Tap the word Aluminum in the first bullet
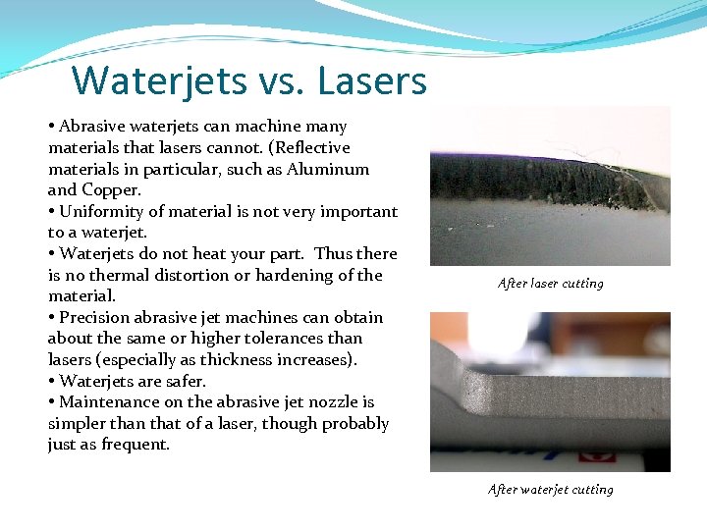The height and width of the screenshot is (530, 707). [335, 169]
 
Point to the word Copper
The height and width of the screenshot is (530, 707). [111, 190]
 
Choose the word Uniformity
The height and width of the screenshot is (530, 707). [102, 212]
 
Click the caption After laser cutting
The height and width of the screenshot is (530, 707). [550, 284]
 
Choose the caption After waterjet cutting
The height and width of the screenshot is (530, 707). [550, 490]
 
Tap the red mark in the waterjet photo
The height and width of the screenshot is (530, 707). [596, 456]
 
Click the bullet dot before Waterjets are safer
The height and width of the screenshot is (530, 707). [52, 382]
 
